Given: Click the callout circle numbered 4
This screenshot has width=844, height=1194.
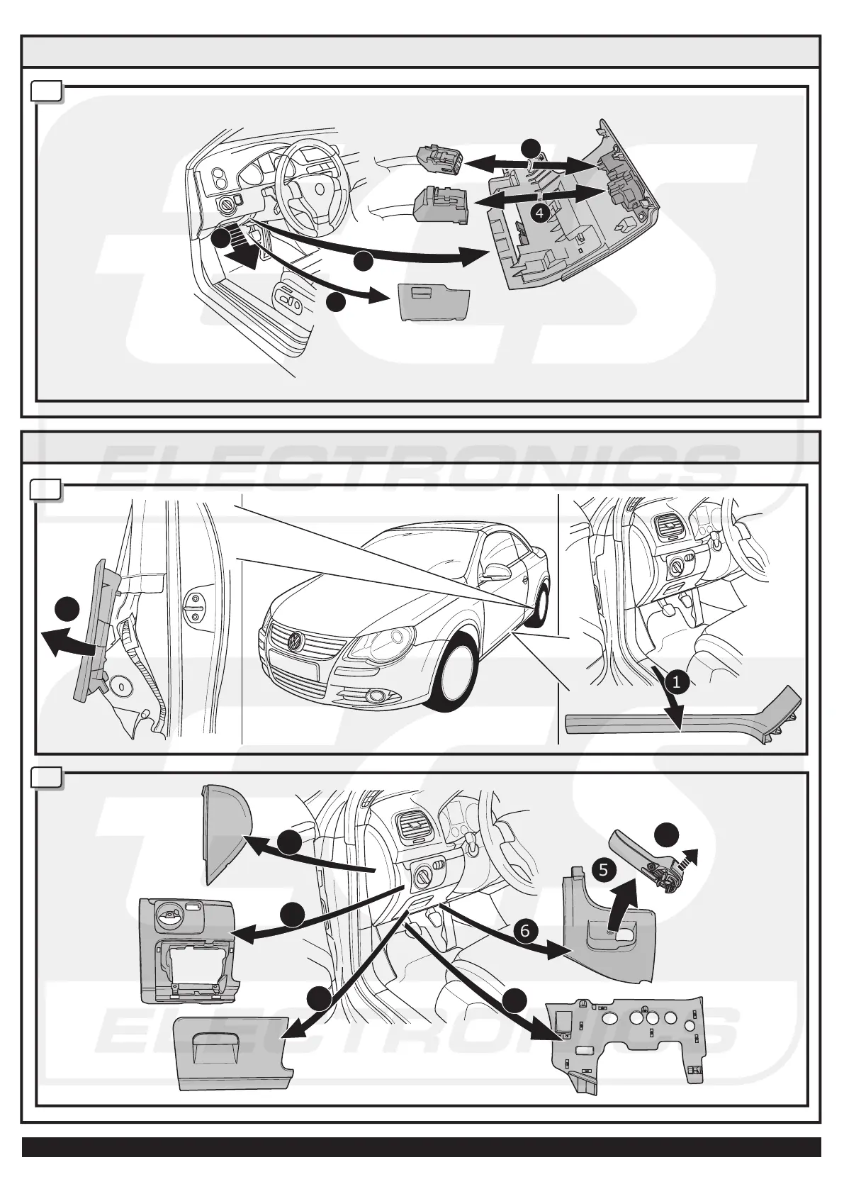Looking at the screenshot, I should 540,212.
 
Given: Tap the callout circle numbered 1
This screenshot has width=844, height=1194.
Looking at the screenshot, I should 676,682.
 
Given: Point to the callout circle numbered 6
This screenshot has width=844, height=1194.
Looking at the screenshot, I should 524,930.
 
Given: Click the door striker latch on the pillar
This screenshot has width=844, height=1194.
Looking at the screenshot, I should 195,607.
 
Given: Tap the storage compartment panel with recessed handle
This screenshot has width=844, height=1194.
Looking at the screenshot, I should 230,1049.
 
